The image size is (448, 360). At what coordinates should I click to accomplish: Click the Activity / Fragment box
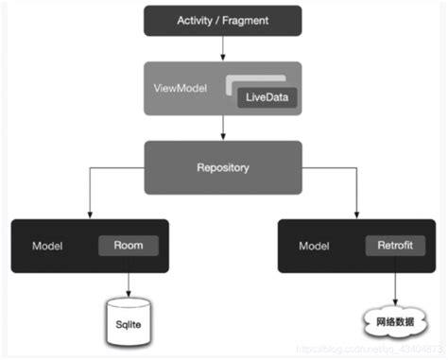tap(222, 20)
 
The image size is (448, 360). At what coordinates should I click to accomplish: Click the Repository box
tap(222, 168)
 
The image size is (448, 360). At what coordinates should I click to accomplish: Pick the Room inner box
tap(129, 245)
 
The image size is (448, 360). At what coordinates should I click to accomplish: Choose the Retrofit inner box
tap(390, 245)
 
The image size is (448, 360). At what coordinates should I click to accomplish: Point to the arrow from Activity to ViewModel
tap(223, 48)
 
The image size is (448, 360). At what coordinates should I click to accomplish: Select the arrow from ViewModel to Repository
tap(223, 128)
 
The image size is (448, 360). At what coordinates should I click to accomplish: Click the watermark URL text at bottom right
tap(378, 351)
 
